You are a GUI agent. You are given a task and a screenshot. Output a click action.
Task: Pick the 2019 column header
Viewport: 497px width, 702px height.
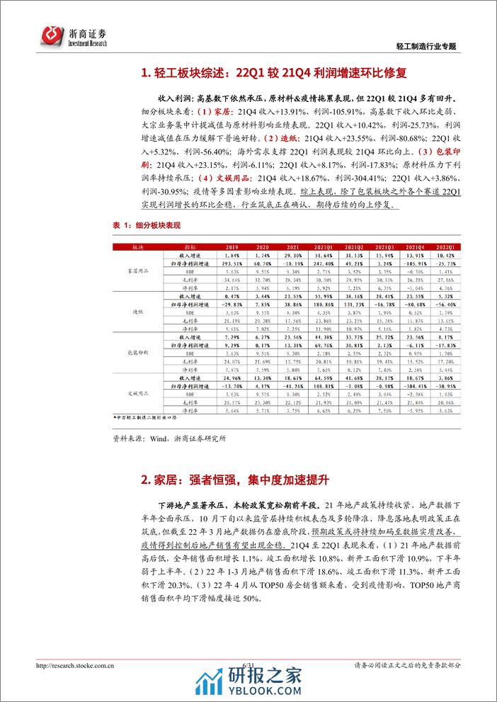coord(224,246)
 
